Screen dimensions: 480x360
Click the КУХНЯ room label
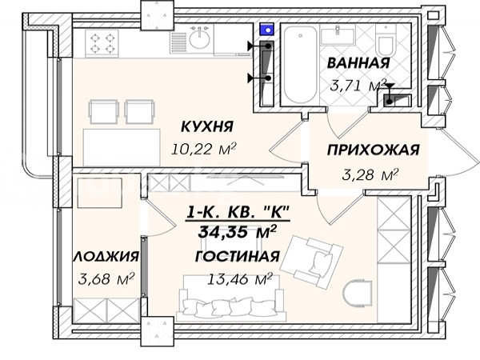tap(207, 126)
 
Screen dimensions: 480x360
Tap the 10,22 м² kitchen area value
tap(203, 149)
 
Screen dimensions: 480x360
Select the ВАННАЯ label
tap(358, 62)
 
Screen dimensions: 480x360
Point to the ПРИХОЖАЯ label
tap(373, 150)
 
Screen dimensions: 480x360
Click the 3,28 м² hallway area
tap(370, 174)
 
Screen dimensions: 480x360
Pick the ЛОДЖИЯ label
tap(106, 256)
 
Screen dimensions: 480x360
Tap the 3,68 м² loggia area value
tap(106, 278)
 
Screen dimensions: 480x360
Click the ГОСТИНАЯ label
tap(238, 256)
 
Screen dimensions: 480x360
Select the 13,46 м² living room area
tap(240, 279)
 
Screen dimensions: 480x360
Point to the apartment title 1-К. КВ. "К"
tap(238, 213)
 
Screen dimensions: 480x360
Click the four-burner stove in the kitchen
tap(102, 43)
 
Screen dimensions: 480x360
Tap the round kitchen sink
tap(199, 39)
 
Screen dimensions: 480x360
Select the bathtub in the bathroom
tap(300, 65)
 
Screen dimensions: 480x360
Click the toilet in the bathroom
tap(386, 41)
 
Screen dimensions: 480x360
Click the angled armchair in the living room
tap(311, 261)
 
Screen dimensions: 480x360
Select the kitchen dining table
tap(122, 147)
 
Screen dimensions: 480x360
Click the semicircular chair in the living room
tap(358, 295)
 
